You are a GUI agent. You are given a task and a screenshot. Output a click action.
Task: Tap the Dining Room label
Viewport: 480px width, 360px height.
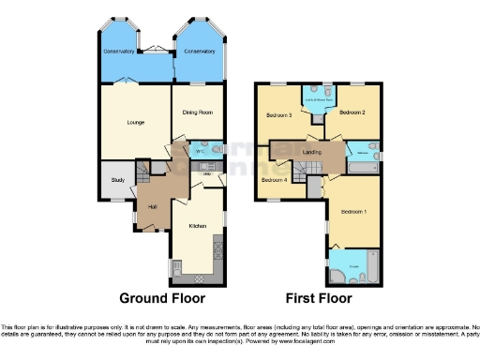pyautogui.click(x=195, y=114)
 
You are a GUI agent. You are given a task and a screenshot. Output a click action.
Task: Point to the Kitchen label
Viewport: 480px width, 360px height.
pyautogui.click(x=197, y=226)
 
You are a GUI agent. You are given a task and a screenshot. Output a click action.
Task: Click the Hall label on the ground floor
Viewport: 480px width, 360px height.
pyautogui.click(x=152, y=206)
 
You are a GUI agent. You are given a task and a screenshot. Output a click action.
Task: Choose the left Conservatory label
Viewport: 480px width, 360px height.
pyautogui.click(x=120, y=52)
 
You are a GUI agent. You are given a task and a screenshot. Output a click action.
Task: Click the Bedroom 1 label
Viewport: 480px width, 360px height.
pyautogui.click(x=353, y=212)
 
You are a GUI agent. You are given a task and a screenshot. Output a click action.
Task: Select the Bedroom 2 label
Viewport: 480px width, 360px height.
pyautogui.click(x=352, y=112)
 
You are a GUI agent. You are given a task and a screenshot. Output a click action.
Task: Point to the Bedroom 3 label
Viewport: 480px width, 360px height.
pyautogui.click(x=278, y=114)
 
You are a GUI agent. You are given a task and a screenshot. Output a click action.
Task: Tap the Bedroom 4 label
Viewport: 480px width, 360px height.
pyautogui.click(x=273, y=179)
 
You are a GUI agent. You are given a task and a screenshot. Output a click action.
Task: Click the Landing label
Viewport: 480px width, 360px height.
pyautogui.click(x=313, y=151)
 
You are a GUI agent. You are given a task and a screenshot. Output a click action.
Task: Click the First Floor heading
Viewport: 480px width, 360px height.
pyautogui.click(x=319, y=298)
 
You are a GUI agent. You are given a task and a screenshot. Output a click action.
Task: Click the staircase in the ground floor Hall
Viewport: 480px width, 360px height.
pyautogui.click(x=143, y=173)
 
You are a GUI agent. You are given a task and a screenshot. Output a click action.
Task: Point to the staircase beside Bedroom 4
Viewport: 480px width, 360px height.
pyautogui.click(x=303, y=169)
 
